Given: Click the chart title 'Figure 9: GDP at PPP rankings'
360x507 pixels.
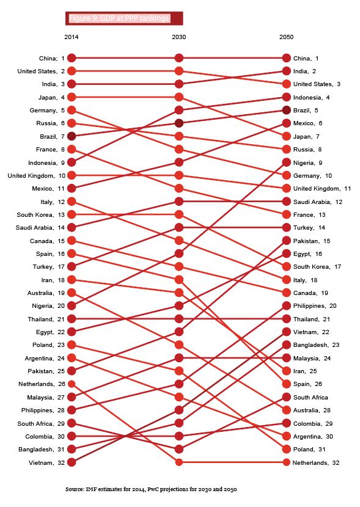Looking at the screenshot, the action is tap(119, 18).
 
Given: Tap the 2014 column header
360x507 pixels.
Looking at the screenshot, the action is tap(71, 37).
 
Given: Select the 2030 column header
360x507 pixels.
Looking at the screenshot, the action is tap(179, 37).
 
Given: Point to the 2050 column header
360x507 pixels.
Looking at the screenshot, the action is tap(286, 37).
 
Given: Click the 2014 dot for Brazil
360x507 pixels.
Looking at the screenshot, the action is tap(72, 136).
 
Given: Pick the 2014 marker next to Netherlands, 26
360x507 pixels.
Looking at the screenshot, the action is tap(72, 384).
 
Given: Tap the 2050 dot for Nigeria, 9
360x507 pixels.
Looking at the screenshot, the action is tap(286, 162).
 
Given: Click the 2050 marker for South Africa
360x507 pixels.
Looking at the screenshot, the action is tap(286, 397).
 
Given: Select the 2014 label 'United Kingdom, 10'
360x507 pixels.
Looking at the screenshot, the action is tap(37, 175).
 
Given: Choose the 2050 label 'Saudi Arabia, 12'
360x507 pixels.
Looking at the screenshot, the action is tap(318, 202).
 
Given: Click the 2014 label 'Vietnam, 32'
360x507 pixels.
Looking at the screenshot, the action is tap(47, 462).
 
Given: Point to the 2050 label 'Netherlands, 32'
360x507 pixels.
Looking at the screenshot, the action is tap(316, 462).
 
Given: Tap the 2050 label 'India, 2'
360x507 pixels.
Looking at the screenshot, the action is tap(305, 71).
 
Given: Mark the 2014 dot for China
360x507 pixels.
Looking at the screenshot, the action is tap(72, 58).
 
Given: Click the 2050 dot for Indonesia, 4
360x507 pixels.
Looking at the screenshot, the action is tap(286, 97).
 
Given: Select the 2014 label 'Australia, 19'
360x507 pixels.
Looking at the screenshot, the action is tap(46, 293).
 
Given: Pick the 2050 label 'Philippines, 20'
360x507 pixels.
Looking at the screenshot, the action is tap(315, 306).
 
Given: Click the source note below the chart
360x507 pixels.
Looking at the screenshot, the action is tap(151, 489).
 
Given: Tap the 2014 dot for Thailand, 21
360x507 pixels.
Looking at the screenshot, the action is tap(72, 319).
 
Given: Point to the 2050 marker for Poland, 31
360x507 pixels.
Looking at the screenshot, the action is tap(286, 449).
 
